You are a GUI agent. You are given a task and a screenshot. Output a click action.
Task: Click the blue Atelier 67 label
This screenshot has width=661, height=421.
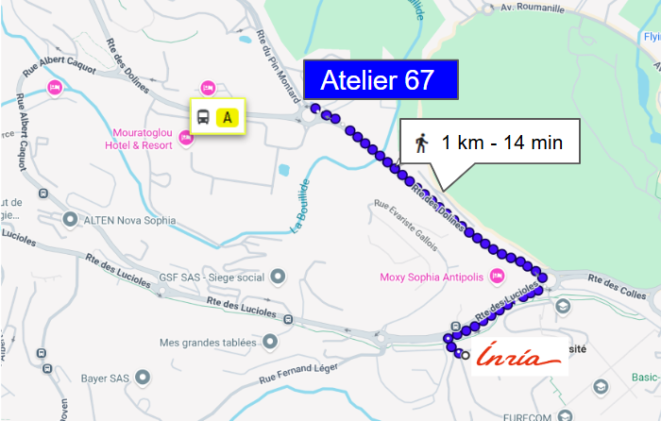[x=380, y=80]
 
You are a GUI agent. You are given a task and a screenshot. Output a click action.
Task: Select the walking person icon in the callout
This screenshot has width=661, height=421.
[x=421, y=143]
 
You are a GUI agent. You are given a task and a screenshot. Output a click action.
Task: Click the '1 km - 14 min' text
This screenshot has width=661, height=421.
[x=502, y=143]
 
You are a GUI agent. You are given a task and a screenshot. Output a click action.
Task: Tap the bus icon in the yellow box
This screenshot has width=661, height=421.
[x=203, y=117]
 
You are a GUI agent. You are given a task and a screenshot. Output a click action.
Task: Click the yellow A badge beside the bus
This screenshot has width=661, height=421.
[x=228, y=117]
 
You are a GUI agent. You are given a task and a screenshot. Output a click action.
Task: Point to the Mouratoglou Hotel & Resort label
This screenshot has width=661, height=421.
[x=142, y=139]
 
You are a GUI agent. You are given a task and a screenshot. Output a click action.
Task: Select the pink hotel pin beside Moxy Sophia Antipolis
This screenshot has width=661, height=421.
[x=498, y=276]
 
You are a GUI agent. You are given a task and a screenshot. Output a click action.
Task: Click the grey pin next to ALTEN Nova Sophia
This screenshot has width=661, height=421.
[x=69, y=220]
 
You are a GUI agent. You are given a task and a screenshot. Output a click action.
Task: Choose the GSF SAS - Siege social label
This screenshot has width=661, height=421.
[x=212, y=277]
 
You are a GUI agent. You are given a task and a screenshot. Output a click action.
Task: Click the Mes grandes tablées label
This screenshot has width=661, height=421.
[x=208, y=342]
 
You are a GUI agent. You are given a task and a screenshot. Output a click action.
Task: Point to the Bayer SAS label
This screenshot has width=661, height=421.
[x=105, y=378]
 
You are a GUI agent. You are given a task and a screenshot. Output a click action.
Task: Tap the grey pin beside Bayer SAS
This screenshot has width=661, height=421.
[x=143, y=378]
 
